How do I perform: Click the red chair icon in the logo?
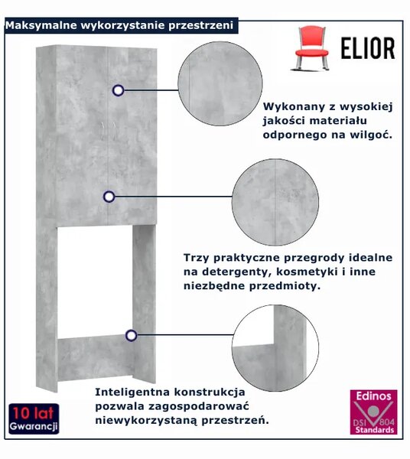coord(311,48)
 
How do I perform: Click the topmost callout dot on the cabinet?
coord(119,90)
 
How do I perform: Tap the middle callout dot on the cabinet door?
coord(109,197)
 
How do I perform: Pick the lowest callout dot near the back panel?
coord(131,336)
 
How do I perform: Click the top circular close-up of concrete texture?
coord(220,84)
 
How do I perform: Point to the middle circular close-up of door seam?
coord(275,202)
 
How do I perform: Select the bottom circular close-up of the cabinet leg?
coord(275,348)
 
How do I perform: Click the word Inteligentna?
coord(133,392)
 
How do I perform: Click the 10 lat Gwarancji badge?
coord(34,418)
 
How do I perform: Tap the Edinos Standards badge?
coord(374,412)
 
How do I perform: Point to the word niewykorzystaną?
coord(146,421)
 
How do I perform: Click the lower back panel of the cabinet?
coord(95,359)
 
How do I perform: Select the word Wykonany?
coord(294,107)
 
